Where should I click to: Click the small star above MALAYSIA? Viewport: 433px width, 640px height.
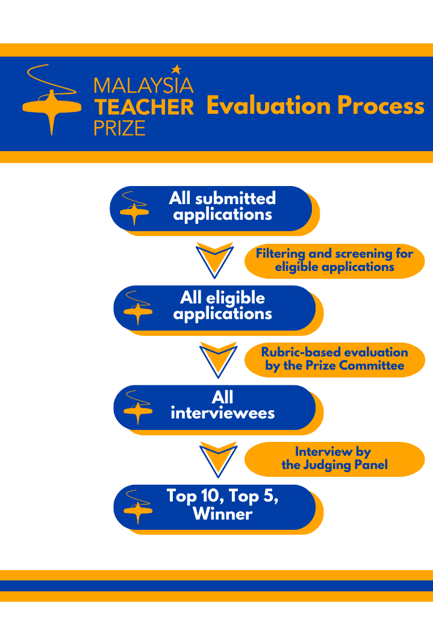tap(176, 69)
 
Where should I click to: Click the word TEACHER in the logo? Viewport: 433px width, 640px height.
tap(144, 107)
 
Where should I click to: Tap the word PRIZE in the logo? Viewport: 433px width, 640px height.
tap(120, 128)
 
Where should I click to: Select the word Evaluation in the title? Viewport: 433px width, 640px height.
tap(269, 105)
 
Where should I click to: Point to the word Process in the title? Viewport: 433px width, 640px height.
tap(381, 106)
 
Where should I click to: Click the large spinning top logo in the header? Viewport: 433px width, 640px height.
tap(51, 100)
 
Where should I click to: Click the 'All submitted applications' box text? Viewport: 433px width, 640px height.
tap(222, 206)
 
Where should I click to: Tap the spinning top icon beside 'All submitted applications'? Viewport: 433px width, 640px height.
tap(134, 208)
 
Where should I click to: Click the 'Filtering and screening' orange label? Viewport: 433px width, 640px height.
tap(335, 261)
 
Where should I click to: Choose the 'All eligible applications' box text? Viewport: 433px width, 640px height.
tap(222, 305)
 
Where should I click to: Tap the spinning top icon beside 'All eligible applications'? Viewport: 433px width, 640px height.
tap(138, 308)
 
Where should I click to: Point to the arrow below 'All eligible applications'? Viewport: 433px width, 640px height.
tap(219, 359)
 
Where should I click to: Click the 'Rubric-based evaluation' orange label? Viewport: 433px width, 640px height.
tap(335, 359)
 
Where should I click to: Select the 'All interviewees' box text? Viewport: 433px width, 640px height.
tap(222, 405)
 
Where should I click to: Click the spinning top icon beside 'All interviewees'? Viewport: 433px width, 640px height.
tap(138, 408)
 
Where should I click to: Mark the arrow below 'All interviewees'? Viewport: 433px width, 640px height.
tap(219, 459)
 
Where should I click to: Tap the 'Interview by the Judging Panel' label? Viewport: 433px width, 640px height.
tap(335, 459)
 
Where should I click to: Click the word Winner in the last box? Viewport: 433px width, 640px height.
tap(222, 514)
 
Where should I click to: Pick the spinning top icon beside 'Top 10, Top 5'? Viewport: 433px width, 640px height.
tap(138, 507)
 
